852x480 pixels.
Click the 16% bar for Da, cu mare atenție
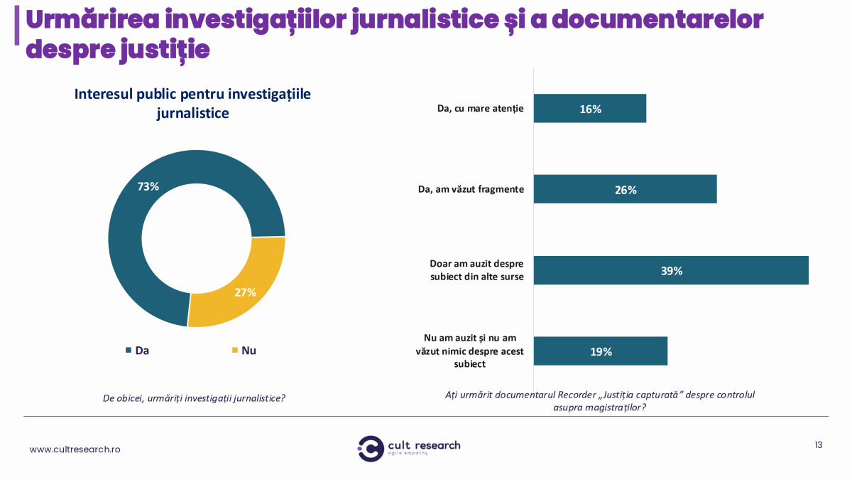coord(589,109)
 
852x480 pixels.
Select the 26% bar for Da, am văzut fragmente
coord(625,189)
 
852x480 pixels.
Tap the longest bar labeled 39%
coord(670,270)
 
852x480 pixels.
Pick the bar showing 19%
coord(600,351)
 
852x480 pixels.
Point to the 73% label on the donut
coord(148,187)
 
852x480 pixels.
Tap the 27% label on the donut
coord(244,292)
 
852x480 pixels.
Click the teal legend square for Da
coord(129,351)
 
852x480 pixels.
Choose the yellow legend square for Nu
coord(235,351)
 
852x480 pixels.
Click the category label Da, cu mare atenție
coord(480,109)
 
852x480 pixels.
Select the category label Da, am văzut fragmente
coord(471,190)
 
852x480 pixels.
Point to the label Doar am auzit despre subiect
coord(476,270)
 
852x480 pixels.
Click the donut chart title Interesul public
coord(192,104)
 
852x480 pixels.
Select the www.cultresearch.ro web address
coord(75,449)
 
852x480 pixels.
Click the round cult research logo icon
coord(371,448)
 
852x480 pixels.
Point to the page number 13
coord(819,445)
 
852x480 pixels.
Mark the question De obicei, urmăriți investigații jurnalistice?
coord(194,398)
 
